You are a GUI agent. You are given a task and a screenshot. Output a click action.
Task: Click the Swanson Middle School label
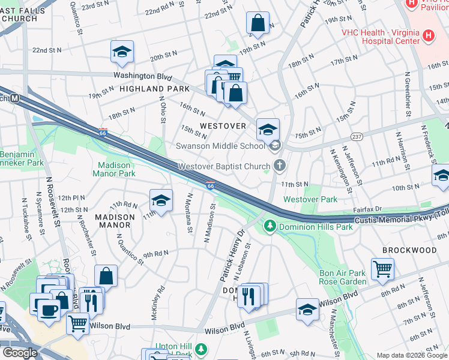220,146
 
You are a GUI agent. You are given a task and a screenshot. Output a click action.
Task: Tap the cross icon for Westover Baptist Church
279,165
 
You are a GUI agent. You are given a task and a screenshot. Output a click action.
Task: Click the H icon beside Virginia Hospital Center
428,36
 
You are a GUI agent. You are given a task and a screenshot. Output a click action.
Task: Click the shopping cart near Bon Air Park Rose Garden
382,269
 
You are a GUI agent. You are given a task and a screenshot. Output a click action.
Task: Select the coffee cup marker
48,310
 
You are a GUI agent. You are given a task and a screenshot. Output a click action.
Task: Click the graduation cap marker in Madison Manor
161,200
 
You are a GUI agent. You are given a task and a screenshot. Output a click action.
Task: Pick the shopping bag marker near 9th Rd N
106,276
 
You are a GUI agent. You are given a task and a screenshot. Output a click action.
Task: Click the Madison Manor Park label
114,169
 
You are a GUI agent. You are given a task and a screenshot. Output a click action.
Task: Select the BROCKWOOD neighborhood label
411,250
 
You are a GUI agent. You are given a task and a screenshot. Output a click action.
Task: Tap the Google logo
20,353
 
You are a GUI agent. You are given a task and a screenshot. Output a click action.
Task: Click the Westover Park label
310,199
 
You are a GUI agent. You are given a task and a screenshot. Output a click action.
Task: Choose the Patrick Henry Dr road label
233,254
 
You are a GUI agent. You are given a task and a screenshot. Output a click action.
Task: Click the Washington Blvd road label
143,76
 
